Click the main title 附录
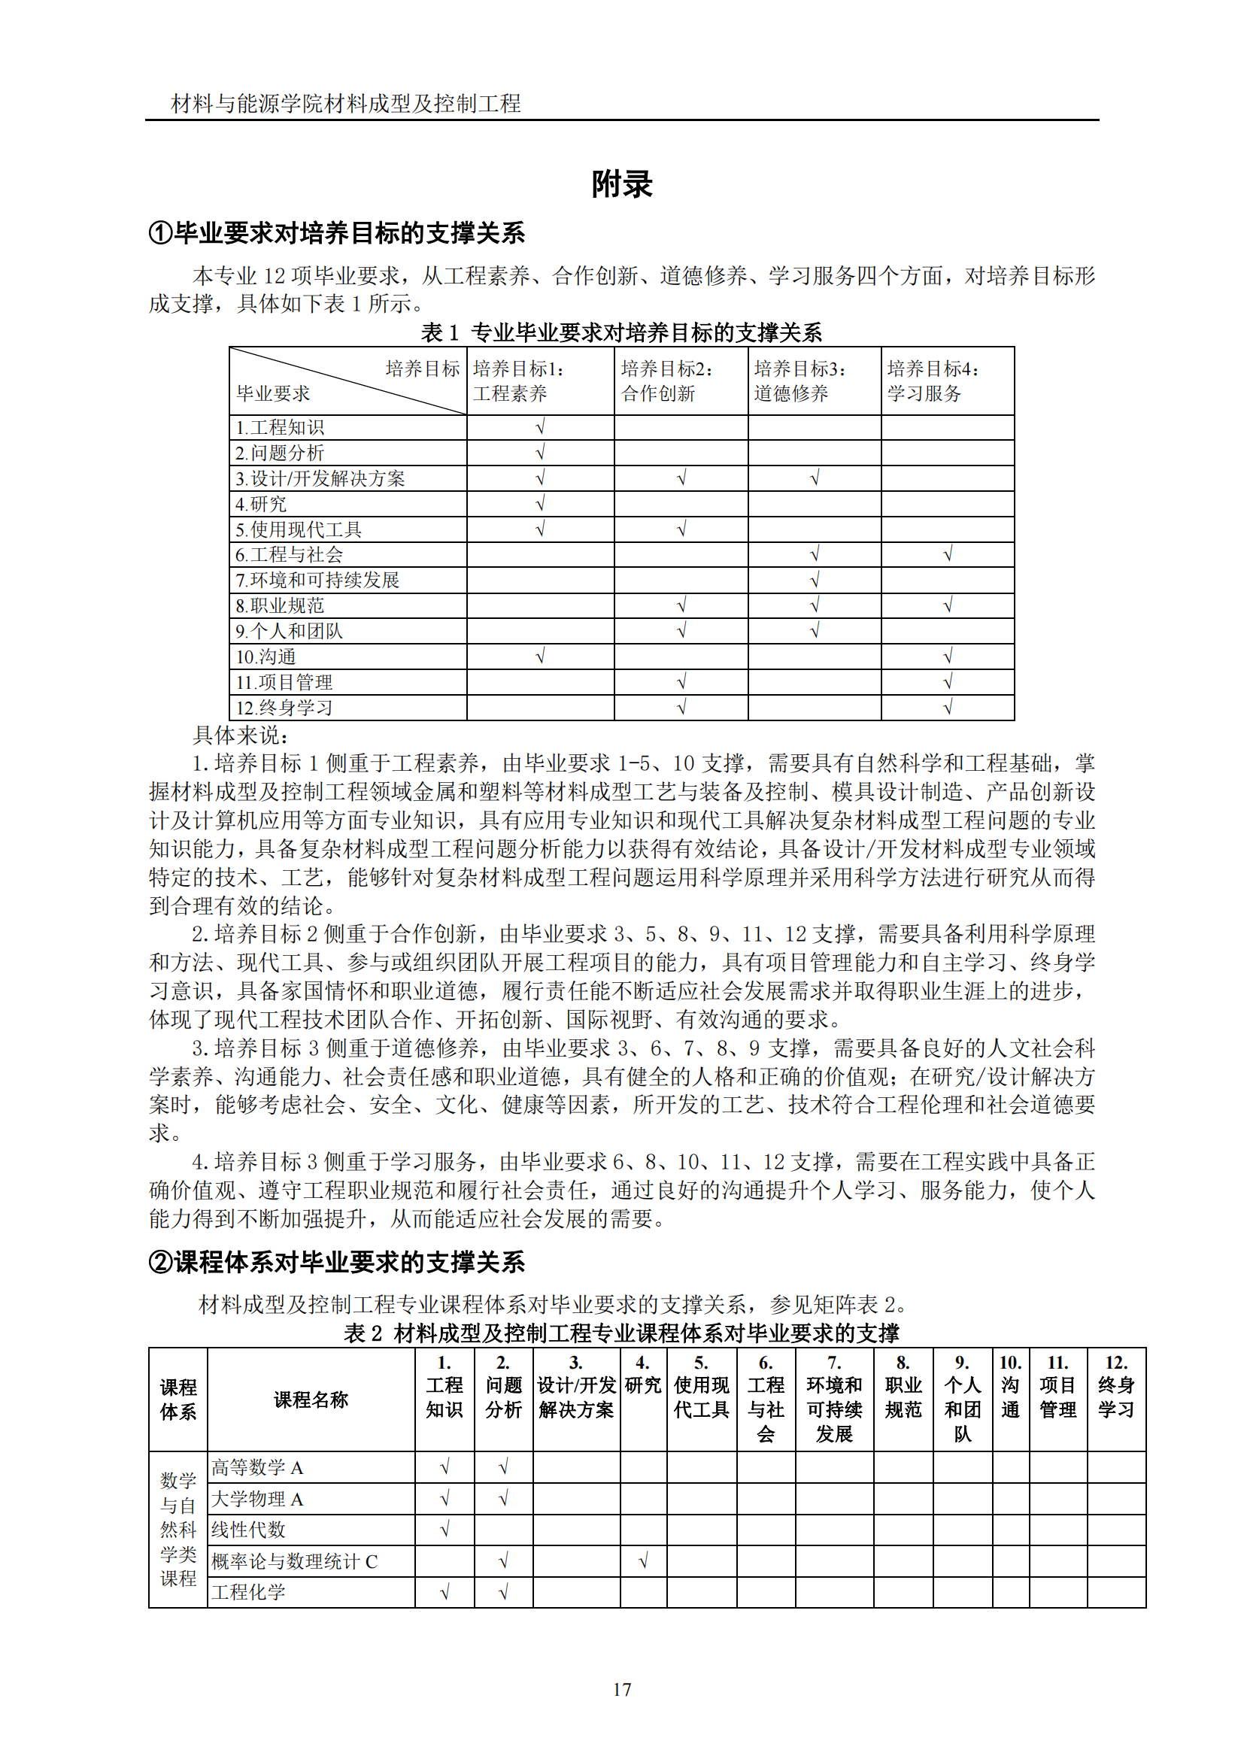pyautogui.click(x=621, y=185)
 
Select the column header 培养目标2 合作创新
pyautogui.click(x=666, y=381)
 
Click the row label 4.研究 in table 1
pyautogui.click(x=261, y=504)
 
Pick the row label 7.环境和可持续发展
pyautogui.click(x=317, y=580)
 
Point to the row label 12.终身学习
pyautogui.click(x=284, y=708)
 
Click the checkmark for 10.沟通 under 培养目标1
pyautogui.click(x=540, y=656)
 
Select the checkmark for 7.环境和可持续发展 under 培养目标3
pyautogui.click(x=815, y=580)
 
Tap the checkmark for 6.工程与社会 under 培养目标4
pyautogui.click(x=948, y=554)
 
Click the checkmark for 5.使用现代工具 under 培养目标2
pyautogui.click(x=681, y=529)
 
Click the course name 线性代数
pyautogui.click(x=248, y=1530)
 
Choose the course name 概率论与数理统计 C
pyautogui.click(x=294, y=1561)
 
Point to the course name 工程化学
pyautogui.click(x=248, y=1592)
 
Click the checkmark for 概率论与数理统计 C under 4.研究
pyautogui.click(x=644, y=1560)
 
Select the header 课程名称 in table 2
pyautogui.click(x=311, y=1400)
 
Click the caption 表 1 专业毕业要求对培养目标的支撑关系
pyautogui.click(x=621, y=332)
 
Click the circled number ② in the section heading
pyautogui.click(x=161, y=1263)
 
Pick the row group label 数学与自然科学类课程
pyautogui.click(x=177, y=1529)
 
